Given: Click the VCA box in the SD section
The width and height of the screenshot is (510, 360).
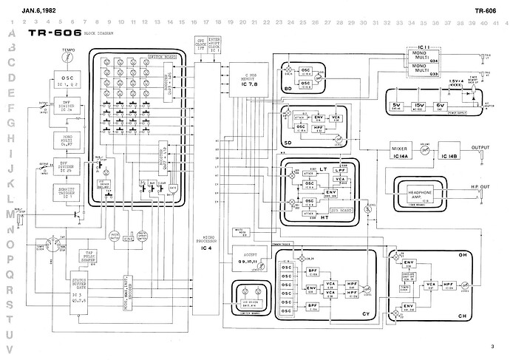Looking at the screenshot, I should [x=337, y=118].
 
